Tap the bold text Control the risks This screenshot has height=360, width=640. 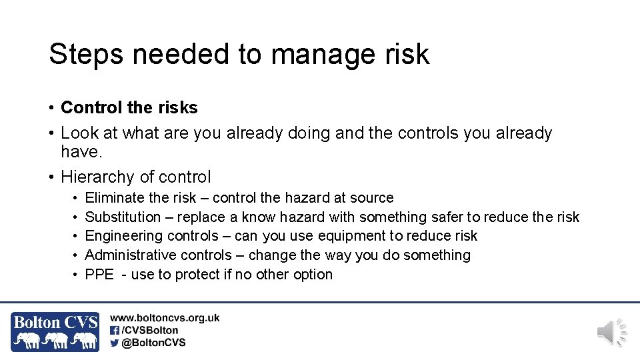129,107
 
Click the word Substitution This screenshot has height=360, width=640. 123,217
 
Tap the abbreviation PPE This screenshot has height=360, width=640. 99,275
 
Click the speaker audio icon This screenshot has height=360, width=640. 611,332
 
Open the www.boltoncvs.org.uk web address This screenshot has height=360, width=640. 165,319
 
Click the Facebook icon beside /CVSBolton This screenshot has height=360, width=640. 115,330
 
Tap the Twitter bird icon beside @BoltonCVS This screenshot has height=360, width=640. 115,343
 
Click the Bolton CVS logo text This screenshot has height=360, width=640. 55,323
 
